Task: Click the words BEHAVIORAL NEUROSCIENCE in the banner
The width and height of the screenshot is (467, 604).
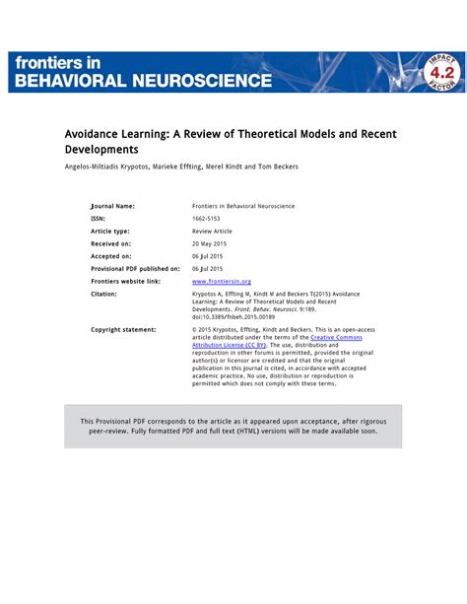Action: coord(143,79)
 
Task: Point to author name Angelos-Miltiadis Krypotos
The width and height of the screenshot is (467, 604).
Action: coord(107,167)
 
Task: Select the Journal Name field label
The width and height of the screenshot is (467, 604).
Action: coord(112,206)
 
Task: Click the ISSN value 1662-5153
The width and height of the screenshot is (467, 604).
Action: coord(208,218)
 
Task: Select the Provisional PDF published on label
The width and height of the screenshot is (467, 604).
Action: coord(135,268)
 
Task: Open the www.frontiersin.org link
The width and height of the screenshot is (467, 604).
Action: coord(222,281)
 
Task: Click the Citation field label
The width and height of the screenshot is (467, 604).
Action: coord(104,293)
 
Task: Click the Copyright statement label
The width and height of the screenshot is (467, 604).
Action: coord(123,329)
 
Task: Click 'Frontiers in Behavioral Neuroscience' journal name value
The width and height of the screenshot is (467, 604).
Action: coord(242,206)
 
